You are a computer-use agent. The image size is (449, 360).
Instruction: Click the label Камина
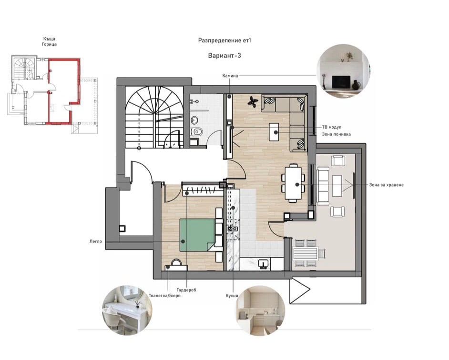point(230,76)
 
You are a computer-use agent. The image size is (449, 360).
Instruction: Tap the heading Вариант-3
point(224,56)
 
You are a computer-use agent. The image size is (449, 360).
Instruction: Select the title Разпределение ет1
point(224,40)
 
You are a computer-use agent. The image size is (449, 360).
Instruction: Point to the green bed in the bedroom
point(197,235)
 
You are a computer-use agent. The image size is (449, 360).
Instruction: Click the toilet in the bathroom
point(197,132)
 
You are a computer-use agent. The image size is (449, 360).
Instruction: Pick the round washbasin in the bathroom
point(194,120)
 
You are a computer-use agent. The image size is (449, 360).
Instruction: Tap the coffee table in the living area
point(275,131)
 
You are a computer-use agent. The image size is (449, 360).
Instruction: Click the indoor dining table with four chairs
point(293,182)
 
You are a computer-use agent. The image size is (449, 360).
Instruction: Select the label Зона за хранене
point(386,185)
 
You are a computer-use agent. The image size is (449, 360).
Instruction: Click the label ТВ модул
point(332,127)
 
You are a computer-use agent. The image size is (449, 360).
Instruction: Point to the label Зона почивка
point(336,134)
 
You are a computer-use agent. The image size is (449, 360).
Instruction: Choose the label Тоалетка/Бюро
point(164,296)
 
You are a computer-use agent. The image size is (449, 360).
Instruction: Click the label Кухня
point(232,296)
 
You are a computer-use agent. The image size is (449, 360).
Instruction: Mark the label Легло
point(96,241)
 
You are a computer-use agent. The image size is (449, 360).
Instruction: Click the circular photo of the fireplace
point(343,71)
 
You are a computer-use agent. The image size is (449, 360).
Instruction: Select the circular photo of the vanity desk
point(127,310)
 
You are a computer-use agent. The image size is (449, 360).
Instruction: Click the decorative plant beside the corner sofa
point(253,102)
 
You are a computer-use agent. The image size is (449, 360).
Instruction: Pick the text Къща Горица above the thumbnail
point(49,41)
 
